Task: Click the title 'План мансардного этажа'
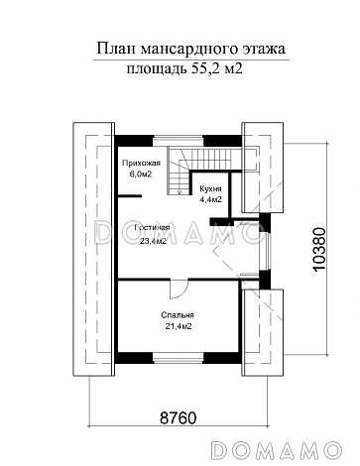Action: click(190, 49)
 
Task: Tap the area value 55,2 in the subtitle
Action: click(203, 68)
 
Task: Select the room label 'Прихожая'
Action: click(141, 163)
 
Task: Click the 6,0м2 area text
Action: click(141, 175)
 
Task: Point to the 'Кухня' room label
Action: click(210, 188)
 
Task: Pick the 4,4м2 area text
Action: click(210, 199)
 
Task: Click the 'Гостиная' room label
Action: click(152, 228)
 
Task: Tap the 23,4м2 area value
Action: click(153, 241)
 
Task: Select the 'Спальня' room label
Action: click(178, 315)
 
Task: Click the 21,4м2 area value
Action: click(179, 326)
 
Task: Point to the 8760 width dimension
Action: click(179, 417)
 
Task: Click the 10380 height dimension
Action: click(319, 250)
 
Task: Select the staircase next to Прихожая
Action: click(180, 172)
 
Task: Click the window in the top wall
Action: click(178, 141)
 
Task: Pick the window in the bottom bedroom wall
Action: click(178, 358)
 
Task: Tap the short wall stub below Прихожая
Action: click(130, 196)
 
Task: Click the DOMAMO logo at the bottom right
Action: click(276, 449)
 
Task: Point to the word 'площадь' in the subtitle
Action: click(156, 69)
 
